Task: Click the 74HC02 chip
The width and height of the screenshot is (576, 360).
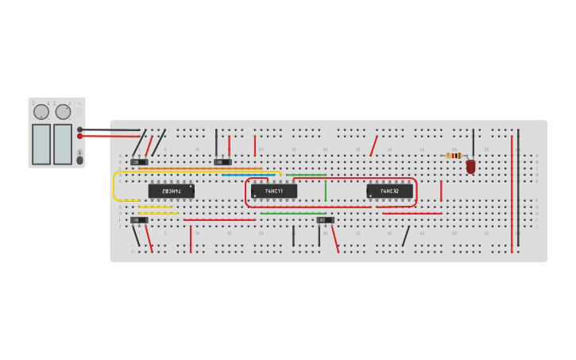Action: (171, 191)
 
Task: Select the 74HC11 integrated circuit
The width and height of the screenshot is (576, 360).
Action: (274, 191)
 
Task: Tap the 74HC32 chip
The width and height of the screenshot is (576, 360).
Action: (389, 191)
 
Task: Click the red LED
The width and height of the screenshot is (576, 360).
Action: (470, 166)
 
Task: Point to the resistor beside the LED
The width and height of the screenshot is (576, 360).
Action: (454, 156)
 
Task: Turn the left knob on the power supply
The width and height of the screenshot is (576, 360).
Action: (41, 112)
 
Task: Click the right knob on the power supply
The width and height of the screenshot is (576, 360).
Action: (64, 112)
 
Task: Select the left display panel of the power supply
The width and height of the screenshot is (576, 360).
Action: (41, 144)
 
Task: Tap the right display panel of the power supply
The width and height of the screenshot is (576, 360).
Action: (63, 144)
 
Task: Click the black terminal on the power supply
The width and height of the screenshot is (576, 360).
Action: (80, 130)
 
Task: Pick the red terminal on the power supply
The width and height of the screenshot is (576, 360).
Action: (80, 136)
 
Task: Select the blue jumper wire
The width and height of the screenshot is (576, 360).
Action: (250, 174)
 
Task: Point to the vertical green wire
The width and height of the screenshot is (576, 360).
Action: (325, 191)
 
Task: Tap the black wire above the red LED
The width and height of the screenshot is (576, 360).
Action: (474, 141)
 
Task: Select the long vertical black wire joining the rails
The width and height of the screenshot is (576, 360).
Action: (519, 187)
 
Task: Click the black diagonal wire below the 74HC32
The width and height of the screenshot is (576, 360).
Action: (406, 236)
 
